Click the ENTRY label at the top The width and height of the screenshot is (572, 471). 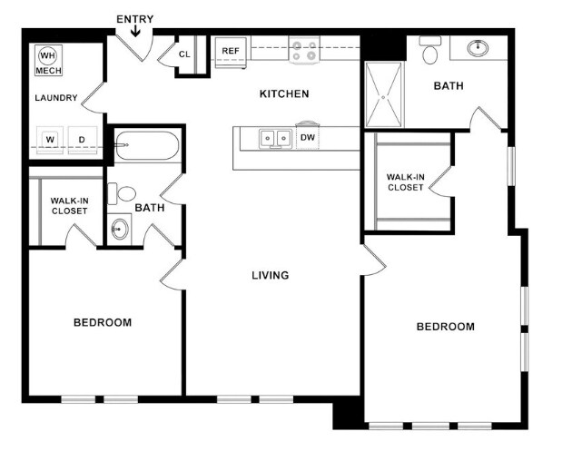135,19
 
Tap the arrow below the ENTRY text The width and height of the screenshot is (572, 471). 135,33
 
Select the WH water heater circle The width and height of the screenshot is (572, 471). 47,55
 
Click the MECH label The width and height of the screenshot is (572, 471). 47,69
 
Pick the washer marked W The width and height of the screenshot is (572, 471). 51,140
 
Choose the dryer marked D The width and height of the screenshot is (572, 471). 82,140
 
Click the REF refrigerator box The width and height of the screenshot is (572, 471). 231,52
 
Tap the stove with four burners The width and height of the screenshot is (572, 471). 304,51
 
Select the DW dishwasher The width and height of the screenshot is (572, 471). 308,138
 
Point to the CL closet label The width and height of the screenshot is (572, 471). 184,54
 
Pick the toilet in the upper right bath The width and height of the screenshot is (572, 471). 430,52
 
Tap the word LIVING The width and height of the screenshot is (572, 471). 271,275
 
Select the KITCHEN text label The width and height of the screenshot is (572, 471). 284,93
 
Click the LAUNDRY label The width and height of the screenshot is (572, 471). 56,98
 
